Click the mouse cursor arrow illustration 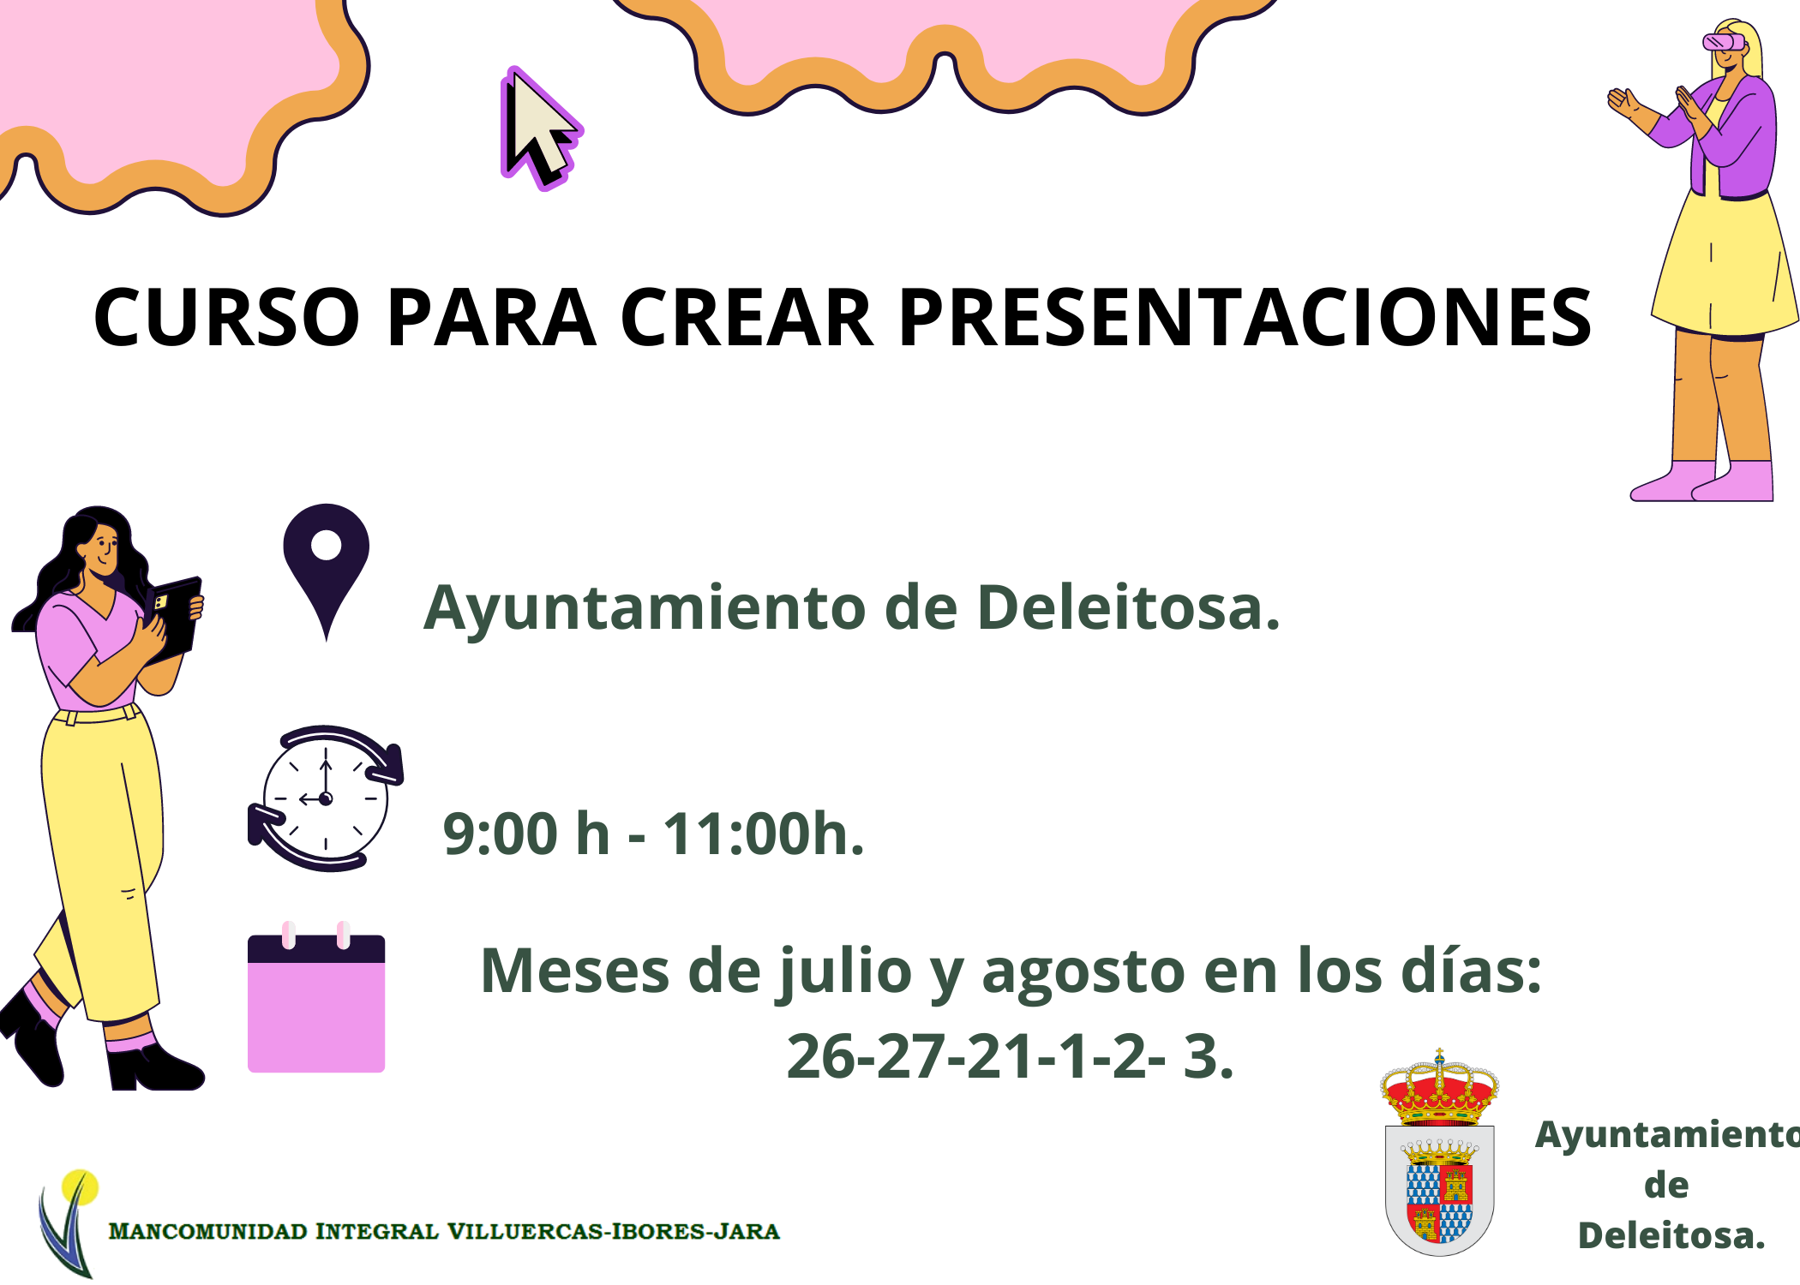538,128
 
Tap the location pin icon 326,565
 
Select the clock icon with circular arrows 326,798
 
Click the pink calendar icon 316,998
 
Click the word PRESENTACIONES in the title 1245,318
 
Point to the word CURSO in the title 227,318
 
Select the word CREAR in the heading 746,318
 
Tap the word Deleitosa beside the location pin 1128,607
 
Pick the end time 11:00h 764,834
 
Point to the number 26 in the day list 820,1057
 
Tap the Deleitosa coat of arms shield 1440,1191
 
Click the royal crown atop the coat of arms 1440,1088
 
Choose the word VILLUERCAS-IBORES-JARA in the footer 614,1232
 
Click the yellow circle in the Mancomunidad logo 80,1187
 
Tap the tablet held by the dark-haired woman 175,619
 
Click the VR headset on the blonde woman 1723,41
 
